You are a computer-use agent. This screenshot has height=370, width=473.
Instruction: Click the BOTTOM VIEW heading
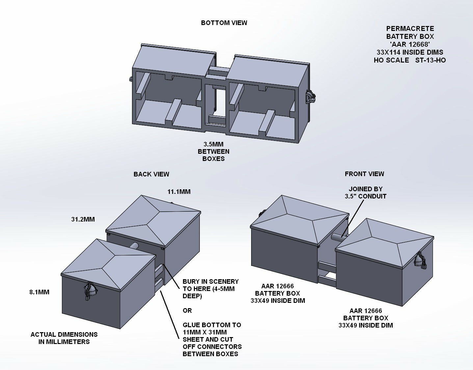pyautogui.click(x=224, y=23)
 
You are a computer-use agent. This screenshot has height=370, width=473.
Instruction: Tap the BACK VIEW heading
pyautogui.click(x=151, y=174)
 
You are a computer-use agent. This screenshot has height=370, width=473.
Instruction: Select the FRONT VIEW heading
pyautogui.click(x=364, y=174)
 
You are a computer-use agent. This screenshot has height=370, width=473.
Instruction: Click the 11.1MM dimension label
pyautogui.click(x=179, y=192)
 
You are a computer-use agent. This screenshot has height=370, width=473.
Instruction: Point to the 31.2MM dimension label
pyautogui.click(x=83, y=219)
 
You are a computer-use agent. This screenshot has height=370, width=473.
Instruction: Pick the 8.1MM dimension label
pyautogui.click(x=39, y=292)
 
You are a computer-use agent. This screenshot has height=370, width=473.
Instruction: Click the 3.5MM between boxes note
pyautogui.click(x=214, y=151)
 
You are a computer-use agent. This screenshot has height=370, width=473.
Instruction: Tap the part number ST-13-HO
pyautogui.click(x=428, y=60)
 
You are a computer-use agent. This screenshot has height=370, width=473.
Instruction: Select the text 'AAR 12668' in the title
pyautogui.click(x=410, y=44)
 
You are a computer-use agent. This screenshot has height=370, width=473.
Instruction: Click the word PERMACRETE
pyautogui.click(x=410, y=29)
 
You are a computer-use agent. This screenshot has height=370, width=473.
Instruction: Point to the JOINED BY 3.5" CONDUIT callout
pyautogui.click(x=365, y=193)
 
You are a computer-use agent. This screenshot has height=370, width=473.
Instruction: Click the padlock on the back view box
pyautogui.click(x=90, y=291)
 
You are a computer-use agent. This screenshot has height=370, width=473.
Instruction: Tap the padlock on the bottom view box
pyautogui.click(x=310, y=97)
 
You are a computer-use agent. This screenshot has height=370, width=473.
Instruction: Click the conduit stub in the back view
pyautogui.click(x=135, y=246)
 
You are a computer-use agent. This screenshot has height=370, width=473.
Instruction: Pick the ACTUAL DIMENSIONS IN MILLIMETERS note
pyautogui.click(x=64, y=338)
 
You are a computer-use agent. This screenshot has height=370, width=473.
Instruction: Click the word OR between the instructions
pyautogui.click(x=187, y=310)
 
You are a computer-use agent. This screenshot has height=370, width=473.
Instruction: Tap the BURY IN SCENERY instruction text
pyautogui.click(x=210, y=289)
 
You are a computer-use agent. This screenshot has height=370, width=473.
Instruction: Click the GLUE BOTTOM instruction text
pyautogui.click(x=212, y=339)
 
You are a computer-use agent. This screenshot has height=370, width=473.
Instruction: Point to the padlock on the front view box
pyautogui.click(x=422, y=260)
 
